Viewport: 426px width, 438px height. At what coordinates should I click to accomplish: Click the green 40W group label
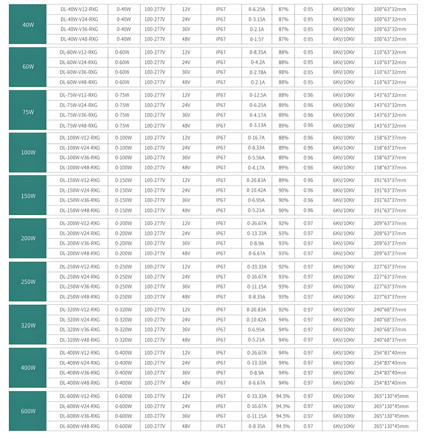[x=28, y=24]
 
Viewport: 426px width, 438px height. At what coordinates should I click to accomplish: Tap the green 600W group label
[x=28, y=411]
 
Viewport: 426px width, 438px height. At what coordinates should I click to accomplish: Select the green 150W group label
[x=28, y=196]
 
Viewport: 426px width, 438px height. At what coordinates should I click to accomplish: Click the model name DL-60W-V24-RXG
[x=79, y=62]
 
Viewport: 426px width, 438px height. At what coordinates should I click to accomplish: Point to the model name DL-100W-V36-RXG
[x=80, y=158]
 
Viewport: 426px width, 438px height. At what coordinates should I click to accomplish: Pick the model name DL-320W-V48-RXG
[x=80, y=340]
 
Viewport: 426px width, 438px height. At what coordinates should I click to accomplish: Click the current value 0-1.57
[x=257, y=39]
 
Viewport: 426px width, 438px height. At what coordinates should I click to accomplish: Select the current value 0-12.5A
[x=257, y=95]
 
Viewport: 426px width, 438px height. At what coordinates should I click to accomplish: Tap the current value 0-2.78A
[x=257, y=72]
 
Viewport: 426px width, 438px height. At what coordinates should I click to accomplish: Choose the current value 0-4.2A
[x=257, y=62]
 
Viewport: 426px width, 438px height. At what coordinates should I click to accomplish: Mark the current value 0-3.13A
[x=257, y=125]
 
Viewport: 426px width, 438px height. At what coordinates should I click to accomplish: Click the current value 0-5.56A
[x=257, y=158]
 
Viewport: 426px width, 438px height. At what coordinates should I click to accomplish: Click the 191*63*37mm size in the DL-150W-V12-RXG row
[x=390, y=180]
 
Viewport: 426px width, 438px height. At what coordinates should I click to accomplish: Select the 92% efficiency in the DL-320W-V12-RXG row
[x=283, y=310]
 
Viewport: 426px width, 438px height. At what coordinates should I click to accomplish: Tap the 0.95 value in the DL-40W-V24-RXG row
[x=308, y=19]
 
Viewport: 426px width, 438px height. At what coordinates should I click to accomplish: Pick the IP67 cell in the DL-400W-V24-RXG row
[x=221, y=363]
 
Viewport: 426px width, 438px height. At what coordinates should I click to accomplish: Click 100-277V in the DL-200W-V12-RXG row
[x=155, y=223]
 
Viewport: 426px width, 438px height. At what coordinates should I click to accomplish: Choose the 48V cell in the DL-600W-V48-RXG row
[x=186, y=426]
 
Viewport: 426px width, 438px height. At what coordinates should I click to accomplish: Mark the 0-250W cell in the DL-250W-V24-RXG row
[x=123, y=277]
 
